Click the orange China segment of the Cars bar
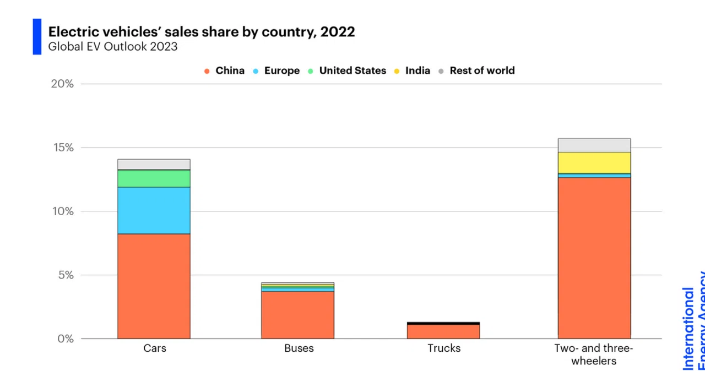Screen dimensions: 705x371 tap(154, 286)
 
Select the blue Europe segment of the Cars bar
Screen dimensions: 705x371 tap(154, 210)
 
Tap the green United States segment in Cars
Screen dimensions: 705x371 tap(154, 178)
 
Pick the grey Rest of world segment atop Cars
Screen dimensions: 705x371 tap(154, 165)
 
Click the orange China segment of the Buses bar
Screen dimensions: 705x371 tap(298, 315)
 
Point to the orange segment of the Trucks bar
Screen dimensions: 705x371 tap(443, 332)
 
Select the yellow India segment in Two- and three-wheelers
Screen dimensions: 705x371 tap(594, 162)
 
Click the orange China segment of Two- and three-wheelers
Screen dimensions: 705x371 tap(594, 258)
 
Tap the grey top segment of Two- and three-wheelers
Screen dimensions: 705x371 tap(594, 145)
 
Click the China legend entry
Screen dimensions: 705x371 tap(224, 71)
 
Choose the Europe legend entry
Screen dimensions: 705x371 tap(276, 71)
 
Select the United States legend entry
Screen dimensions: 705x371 tap(347, 71)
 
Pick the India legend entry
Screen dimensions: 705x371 tap(412, 71)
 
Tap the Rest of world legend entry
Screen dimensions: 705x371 tap(476, 71)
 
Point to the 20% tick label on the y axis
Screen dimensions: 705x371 tap(62, 84)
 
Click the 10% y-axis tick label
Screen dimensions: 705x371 tap(63, 211)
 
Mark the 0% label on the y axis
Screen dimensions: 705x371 tap(66, 339)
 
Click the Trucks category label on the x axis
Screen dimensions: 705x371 tap(444, 348)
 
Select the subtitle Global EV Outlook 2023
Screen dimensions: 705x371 tap(113, 47)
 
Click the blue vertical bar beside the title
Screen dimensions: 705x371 tap(37, 36)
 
